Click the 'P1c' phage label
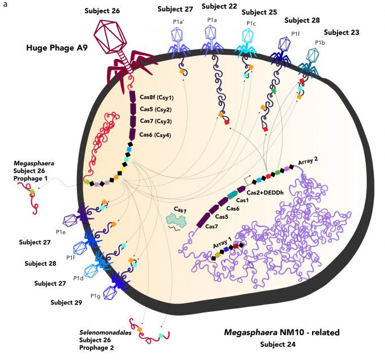pos(251,23)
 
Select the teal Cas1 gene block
pos(232,195)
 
